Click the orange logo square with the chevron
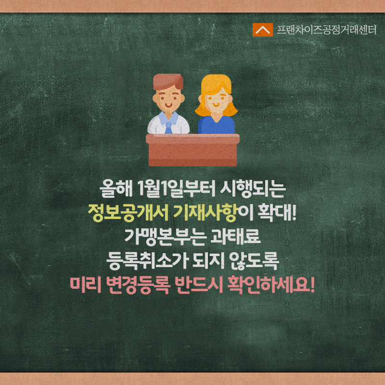click(x=262, y=30)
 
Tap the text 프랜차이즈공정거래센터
click(x=327, y=30)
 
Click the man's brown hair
click(x=168, y=81)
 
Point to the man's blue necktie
click(x=168, y=127)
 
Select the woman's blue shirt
click(x=216, y=125)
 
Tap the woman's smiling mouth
click(x=216, y=105)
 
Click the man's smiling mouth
click(x=168, y=105)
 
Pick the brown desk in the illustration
click(x=193, y=150)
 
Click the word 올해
click(x=115, y=189)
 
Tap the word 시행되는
click(x=253, y=189)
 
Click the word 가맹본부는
click(x=165, y=237)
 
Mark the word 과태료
click(x=235, y=237)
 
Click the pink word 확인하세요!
click(x=271, y=285)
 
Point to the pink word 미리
click(x=86, y=285)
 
